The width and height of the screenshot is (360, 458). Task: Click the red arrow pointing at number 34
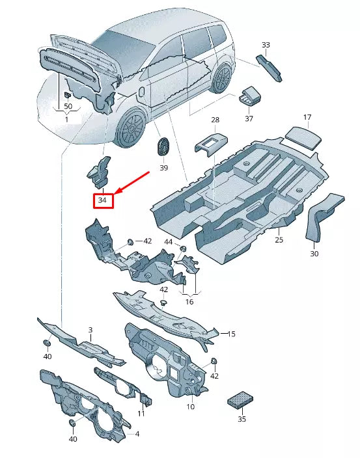tap(133, 182)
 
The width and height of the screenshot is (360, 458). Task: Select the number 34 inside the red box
tap(102, 200)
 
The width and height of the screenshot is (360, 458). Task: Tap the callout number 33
tap(266, 45)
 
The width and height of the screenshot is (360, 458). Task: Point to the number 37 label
tap(249, 119)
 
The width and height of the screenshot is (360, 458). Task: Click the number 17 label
tap(307, 117)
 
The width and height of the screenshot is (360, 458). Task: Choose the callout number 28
tap(215, 120)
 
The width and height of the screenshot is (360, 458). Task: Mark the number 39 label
tap(163, 168)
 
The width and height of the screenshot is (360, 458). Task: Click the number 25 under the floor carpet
tap(279, 240)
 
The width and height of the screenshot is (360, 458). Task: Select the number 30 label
tap(314, 254)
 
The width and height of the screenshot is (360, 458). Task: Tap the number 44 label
tap(169, 242)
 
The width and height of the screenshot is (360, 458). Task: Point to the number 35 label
tap(242, 420)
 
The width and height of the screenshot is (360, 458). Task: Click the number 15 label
tap(230, 334)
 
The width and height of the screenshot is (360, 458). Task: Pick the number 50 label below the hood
tap(68, 106)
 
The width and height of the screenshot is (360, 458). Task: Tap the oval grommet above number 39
tap(162, 146)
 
